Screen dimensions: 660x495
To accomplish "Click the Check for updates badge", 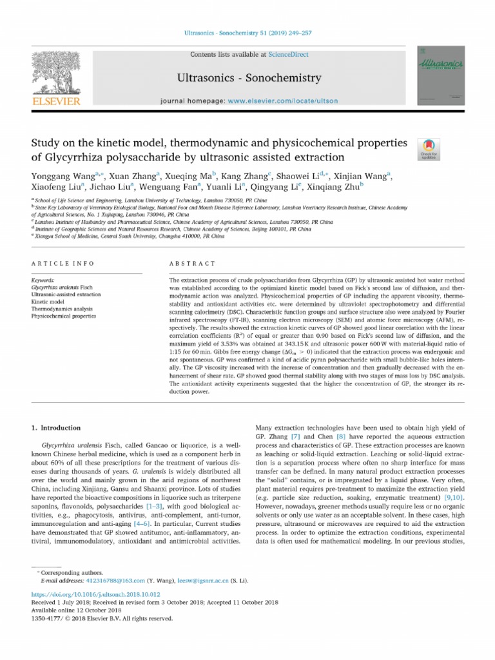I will [x=428, y=149].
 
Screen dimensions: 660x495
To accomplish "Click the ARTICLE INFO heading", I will [x=63, y=264].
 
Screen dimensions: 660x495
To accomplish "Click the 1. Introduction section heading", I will [x=56, y=427].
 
